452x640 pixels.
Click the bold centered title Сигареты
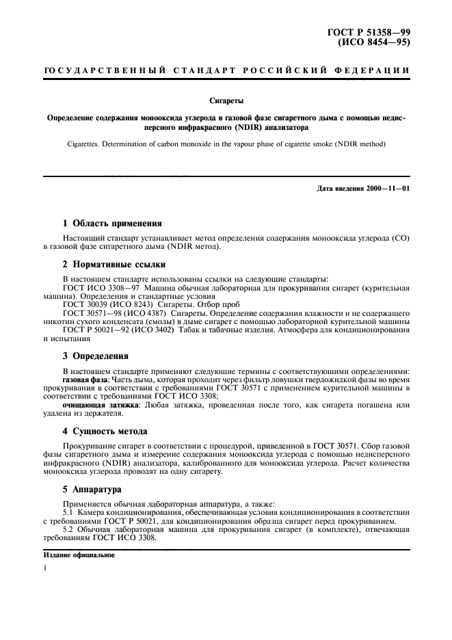[x=226, y=100]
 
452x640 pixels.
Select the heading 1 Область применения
[x=112, y=223]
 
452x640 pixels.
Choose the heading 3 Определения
[x=95, y=356]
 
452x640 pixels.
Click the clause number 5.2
[x=69, y=529]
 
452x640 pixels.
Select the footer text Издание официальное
[x=79, y=555]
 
